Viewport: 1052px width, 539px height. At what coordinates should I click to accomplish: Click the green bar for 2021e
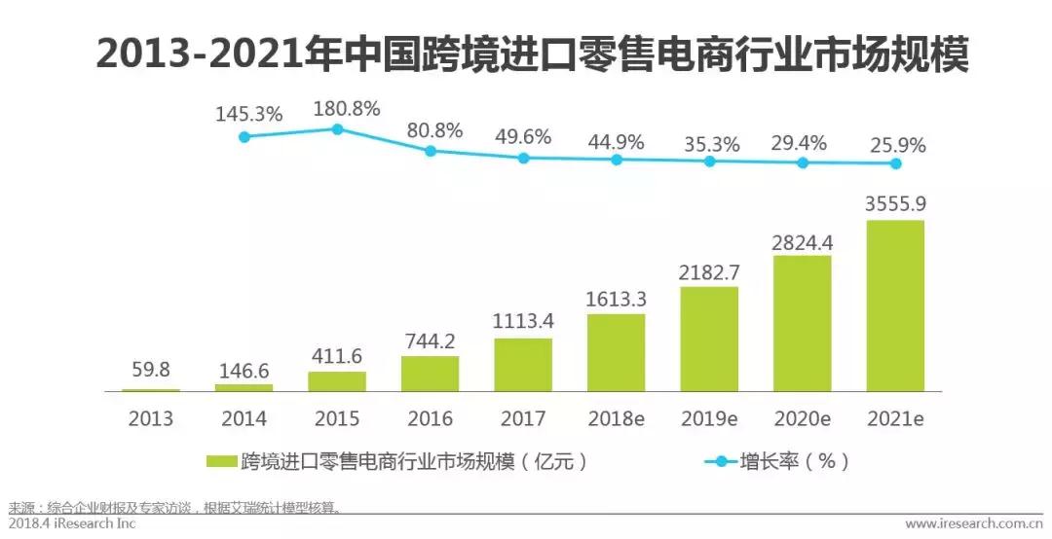coord(895,305)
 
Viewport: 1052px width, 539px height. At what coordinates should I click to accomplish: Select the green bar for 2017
coord(523,364)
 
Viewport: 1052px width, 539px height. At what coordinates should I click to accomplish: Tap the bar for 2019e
coord(709,339)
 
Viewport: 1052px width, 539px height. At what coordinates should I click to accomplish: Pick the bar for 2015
coord(337,380)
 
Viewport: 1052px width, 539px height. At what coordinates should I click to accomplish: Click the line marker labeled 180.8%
coord(337,128)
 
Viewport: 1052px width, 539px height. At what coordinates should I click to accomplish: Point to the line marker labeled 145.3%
coord(244,137)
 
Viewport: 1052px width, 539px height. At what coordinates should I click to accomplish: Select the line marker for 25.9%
coord(895,163)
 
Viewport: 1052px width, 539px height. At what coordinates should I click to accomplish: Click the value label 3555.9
coord(895,204)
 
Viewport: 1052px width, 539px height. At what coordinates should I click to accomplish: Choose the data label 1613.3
coord(617,297)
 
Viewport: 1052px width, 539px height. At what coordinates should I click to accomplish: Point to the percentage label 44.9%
coord(617,141)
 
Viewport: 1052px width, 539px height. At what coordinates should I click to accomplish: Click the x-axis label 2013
coord(151,419)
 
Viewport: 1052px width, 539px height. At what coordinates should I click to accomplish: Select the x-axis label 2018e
coord(617,419)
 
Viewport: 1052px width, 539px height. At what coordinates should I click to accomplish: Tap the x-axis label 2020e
coord(803,419)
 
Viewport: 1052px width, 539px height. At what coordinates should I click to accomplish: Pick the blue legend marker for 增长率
coord(722,461)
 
